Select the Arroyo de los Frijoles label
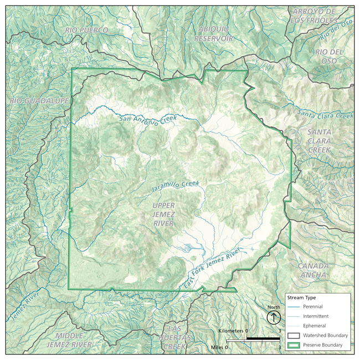314,16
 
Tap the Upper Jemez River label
163,214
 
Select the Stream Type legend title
302,297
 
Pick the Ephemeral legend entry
313,326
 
